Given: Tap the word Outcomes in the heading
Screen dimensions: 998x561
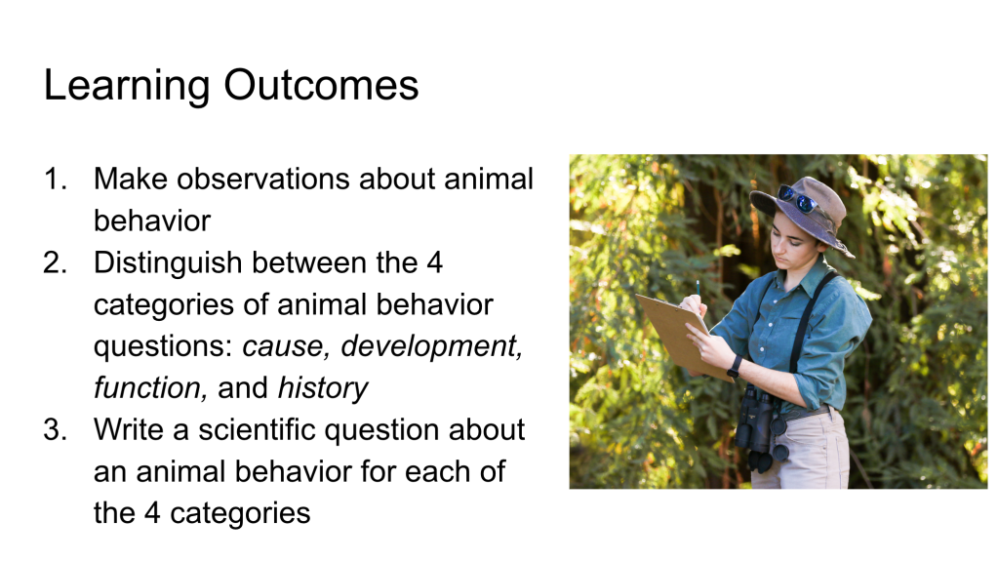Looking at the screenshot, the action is (321, 85).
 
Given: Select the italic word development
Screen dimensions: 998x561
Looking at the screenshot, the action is (431, 347).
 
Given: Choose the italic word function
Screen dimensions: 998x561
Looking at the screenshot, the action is (150, 388).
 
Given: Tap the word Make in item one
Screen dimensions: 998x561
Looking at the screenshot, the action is (131, 179).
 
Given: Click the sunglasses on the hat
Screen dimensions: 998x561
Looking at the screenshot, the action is (797, 199).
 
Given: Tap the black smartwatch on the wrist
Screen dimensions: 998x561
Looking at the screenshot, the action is (736, 367).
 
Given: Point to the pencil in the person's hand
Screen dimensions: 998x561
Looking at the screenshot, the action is (698, 290).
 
